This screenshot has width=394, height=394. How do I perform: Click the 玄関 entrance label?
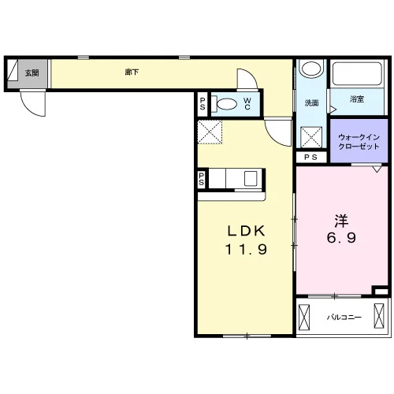tap(32, 72)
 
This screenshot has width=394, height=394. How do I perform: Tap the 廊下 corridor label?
tap(132, 72)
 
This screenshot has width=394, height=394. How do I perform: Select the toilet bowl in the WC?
tap(225, 104)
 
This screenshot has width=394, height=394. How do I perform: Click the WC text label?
tap(247, 103)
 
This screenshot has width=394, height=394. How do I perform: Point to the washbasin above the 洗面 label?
tap(311, 69)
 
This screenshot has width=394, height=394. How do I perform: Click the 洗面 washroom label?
tap(311, 102)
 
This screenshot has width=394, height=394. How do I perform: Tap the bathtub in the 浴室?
tap(357, 73)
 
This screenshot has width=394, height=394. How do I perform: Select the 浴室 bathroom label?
tap(357, 99)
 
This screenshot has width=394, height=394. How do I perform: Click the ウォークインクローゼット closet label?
tap(359, 142)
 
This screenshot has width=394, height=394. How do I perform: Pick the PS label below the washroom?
tap(311, 157)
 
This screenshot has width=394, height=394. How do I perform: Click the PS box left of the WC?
tap(203, 104)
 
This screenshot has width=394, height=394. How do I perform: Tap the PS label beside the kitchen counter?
tap(202, 179)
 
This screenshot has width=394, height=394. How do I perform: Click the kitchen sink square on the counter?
tap(251, 178)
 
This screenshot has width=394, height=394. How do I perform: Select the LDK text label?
tap(247, 231)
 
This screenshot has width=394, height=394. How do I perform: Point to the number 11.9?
tap(247, 249)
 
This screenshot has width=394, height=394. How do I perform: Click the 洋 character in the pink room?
tap(341, 221)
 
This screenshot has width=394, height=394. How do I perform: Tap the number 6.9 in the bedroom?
tap(341, 238)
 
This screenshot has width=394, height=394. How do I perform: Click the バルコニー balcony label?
tap(344, 318)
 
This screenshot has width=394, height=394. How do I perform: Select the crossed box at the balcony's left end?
tap(304, 317)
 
